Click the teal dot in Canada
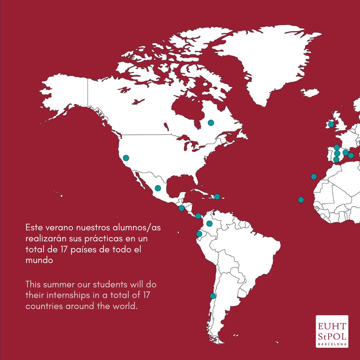(211, 123)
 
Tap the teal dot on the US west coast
(126, 158)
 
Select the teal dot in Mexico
(158, 188)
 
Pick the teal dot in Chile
(213, 296)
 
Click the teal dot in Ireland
(331, 124)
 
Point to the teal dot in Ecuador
(199, 234)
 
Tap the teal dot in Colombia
(209, 223)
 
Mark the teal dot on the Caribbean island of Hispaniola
(217, 197)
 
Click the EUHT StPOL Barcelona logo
(332, 331)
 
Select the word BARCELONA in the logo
(332, 344)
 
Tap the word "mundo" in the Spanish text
(39, 260)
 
